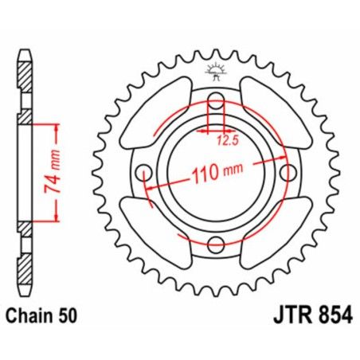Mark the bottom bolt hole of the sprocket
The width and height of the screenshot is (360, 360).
tap(215, 243)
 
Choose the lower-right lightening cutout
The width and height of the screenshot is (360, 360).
tap(278, 234)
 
